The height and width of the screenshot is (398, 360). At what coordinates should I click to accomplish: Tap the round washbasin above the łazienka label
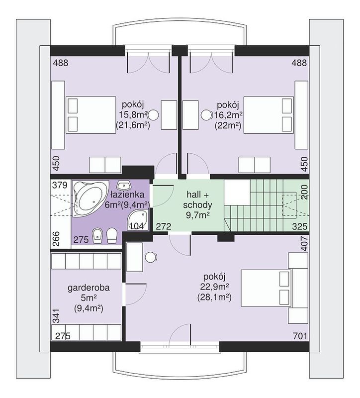point(123,185)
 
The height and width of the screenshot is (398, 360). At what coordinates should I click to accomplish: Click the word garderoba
point(89,288)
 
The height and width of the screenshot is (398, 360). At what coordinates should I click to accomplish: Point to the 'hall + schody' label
point(197,200)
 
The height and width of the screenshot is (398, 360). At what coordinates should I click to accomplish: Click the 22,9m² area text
point(215,287)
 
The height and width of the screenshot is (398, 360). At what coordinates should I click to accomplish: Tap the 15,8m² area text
point(133,114)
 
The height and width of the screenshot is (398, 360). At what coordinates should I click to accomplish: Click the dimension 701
point(300,336)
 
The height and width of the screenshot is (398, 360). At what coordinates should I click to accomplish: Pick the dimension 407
point(304,244)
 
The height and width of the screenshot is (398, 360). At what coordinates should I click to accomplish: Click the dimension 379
point(60,185)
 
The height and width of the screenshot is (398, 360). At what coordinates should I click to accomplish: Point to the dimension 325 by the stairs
point(300,226)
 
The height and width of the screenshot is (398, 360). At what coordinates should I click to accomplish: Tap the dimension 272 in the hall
point(164,226)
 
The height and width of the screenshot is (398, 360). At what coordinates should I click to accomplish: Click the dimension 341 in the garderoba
point(56,316)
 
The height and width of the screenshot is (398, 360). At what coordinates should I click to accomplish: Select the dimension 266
point(56,239)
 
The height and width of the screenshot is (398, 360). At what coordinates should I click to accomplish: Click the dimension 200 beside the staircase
point(304,192)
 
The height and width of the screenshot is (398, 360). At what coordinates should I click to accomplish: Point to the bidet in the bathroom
point(96,236)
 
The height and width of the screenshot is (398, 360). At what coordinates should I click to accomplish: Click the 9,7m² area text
point(197,215)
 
